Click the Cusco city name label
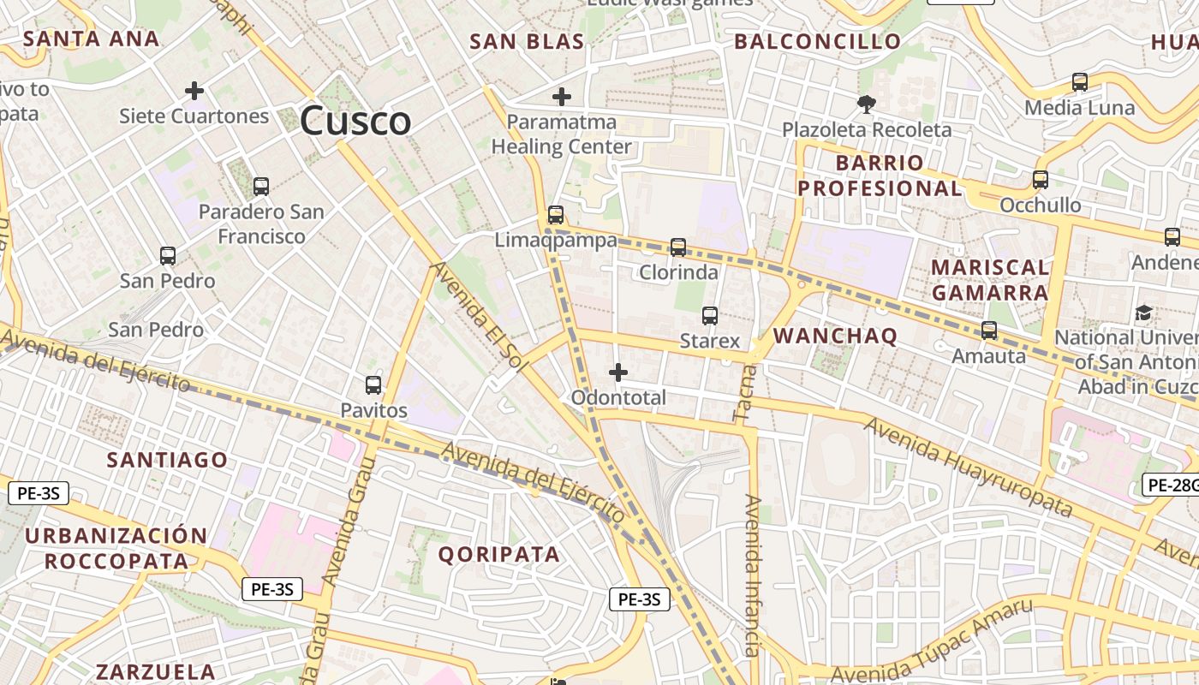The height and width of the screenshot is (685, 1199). [x=355, y=121]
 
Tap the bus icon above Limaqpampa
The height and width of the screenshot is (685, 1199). [x=556, y=215]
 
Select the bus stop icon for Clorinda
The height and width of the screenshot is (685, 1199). [x=678, y=247]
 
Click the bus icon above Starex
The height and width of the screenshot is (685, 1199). [x=710, y=316]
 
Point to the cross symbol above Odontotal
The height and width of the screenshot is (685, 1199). [x=617, y=372]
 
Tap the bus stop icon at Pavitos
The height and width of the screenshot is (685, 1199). [x=373, y=385]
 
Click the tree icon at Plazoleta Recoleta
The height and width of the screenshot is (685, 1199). [x=866, y=104]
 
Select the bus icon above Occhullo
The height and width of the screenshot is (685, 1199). [x=1041, y=180]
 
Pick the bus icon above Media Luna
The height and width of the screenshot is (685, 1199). [x=1080, y=82]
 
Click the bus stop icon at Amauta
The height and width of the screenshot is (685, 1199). [x=989, y=331]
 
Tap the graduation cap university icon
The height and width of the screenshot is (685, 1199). [x=1143, y=313]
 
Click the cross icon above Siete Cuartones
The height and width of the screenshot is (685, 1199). [x=194, y=90]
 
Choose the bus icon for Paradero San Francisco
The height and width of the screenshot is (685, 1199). [x=261, y=186]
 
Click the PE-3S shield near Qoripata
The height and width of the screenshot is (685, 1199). [x=640, y=599]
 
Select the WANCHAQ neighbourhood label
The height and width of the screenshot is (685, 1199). [x=835, y=336]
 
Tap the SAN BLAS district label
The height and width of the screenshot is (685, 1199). [x=527, y=41]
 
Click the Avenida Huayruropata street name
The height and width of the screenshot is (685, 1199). [x=968, y=468]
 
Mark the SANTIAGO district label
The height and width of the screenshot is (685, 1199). [x=167, y=460]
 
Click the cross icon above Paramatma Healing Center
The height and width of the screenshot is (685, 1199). [x=562, y=97]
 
